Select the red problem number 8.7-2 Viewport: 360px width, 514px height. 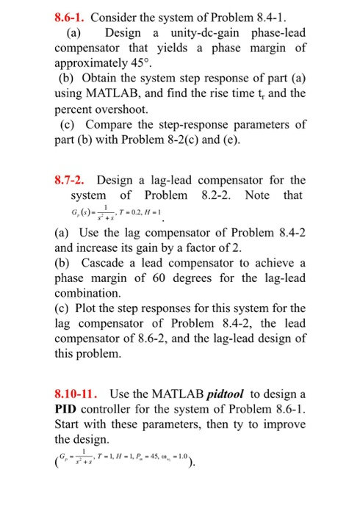71,181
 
